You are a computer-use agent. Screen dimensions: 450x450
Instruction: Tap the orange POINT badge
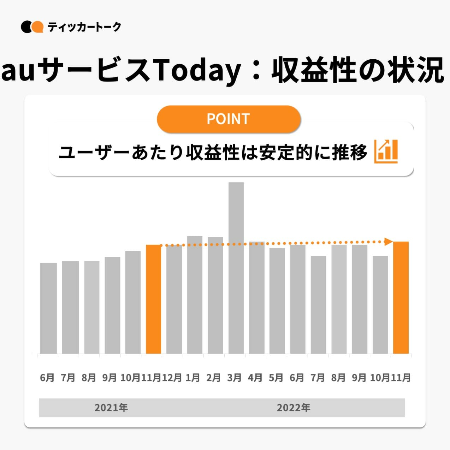(x=229, y=119)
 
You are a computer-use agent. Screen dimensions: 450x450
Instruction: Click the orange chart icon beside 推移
(x=386, y=152)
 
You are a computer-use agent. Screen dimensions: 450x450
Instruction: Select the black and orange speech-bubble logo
(x=32, y=27)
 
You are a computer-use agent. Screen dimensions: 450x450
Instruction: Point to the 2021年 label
(x=111, y=408)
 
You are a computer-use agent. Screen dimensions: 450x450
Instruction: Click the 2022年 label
(x=293, y=408)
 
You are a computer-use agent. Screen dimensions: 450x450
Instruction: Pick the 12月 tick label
(x=172, y=378)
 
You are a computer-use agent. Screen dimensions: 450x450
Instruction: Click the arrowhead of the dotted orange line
(x=388, y=242)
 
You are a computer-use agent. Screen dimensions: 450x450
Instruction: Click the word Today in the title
(x=198, y=70)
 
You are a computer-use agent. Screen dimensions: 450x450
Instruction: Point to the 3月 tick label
(x=234, y=378)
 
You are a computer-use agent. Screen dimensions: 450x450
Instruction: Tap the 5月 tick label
(x=276, y=378)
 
